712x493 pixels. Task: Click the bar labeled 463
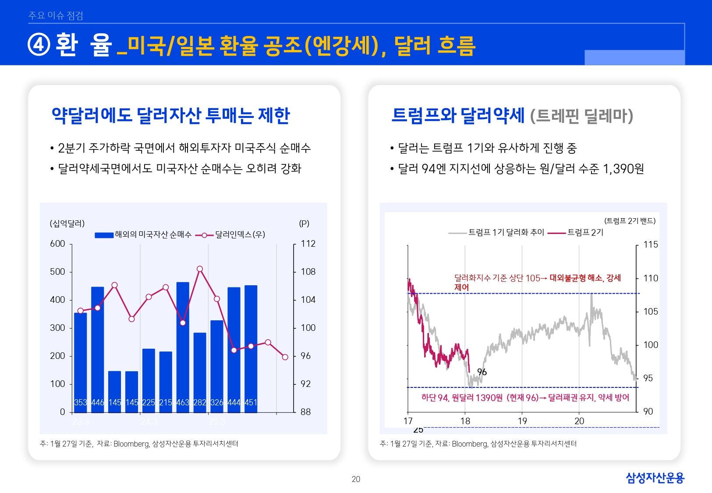(x=183, y=346)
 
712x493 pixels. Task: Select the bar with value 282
(x=200, y=372)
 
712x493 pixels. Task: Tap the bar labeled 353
(x=80, y=362)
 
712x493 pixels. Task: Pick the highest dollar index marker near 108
(x=200, y=269)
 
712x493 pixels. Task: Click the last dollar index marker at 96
(x=285, y=357)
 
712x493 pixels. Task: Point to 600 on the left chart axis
(x=57, y=244)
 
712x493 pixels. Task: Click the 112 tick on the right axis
(x=308, y=244)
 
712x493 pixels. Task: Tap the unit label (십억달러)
(x=67, y=223)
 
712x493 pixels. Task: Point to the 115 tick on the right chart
(x=651, y=245)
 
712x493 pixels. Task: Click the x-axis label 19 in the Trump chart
(x=522, y=421)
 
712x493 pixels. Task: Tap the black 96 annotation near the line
(x=482, y=372)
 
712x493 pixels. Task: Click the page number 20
(x=356, y=479)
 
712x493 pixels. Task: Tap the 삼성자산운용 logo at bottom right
(x=655, y=478)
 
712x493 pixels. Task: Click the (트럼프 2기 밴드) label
(x=630, y=221)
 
